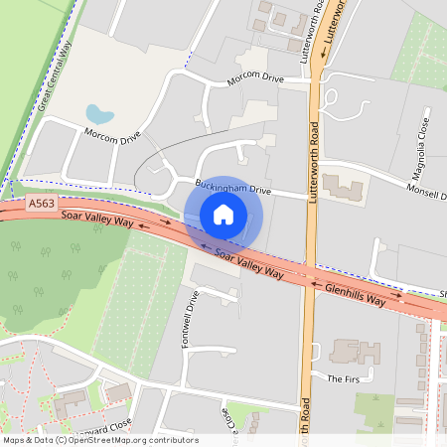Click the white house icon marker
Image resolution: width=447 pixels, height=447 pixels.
tap(223, 215)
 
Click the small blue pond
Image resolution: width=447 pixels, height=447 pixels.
tap(99, 114)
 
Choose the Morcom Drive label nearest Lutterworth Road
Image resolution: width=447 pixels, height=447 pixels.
tap(255, 79)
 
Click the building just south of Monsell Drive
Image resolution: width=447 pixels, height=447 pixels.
tap(344, 185)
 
